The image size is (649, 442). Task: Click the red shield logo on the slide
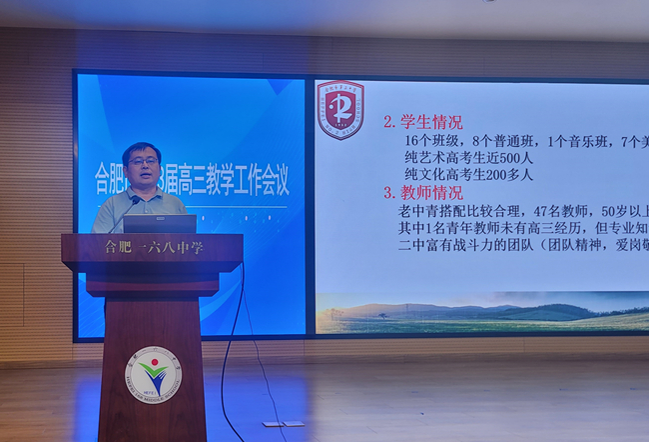[x=339, y=109]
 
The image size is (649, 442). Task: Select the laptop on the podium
[x=160, y=224]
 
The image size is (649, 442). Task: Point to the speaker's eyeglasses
[x=143, y=161]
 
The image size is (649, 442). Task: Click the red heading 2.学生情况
[x=423, y=122]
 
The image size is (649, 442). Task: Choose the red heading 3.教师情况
[x=423, y=192]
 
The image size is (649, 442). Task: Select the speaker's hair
[x=141, y=148]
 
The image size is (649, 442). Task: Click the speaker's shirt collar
[x=144, y=192]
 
